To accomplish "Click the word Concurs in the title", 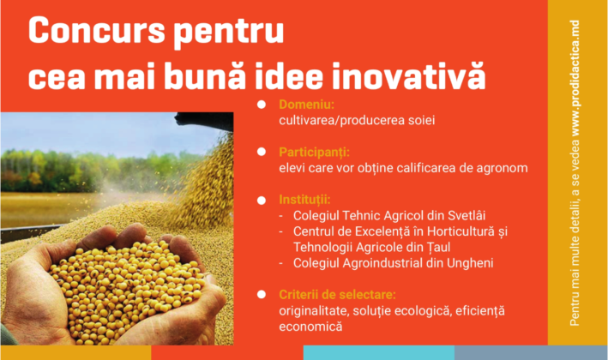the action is pos(97,30).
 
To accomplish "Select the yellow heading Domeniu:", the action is pos(306,105).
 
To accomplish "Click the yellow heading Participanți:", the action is pos(314,153).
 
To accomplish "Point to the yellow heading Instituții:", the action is pos(304,200).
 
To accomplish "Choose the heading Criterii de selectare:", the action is pos(337,295).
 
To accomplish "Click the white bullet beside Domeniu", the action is pos(262,105).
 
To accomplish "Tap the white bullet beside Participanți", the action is pos(262,152).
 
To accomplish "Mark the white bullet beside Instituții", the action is pos(262,201).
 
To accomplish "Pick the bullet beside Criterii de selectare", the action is pos(262,295).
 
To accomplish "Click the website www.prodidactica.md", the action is pos(575,78).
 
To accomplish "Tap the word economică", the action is pos(310,327).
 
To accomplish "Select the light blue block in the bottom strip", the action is pos(379,352).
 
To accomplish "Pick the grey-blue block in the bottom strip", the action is pos(531,352).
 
